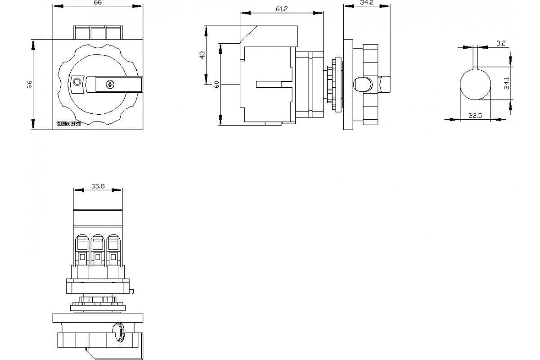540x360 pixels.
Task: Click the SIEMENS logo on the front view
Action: pyautogui.click(x=68, y=124)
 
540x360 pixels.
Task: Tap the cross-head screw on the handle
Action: pyautogui.click(x=110, y=84)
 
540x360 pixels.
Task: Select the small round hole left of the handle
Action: pyautogui.click(x=76, y=82)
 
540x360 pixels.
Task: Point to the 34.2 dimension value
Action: pyautogui.click(x=367, y=3)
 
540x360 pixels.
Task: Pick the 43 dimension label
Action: pyautogui.click(x=202, y=55)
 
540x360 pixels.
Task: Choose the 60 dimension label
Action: pyautogui.click(x=216, y=84)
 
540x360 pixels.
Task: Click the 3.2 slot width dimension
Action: pyautogui.click(x=501, y=44)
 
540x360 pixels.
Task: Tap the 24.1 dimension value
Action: pyautogui.click(x=506, y=84)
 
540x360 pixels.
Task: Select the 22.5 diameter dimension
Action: pyautogui.click(x=475, y=116)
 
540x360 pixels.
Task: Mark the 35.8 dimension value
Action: pyautogui.click(x=98, y=186)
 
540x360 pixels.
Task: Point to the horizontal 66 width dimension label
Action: pyautogui.click(x=98, y=3)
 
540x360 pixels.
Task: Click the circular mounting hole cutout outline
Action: pyautogui.click(x=475, y=84)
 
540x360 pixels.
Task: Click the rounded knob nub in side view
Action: pyautogui.click(x=364, y=84)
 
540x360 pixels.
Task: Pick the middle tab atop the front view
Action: pyautogui.click(x=98, y=33)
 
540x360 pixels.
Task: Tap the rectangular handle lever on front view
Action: pyautogui.click(x=115, y=84)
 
